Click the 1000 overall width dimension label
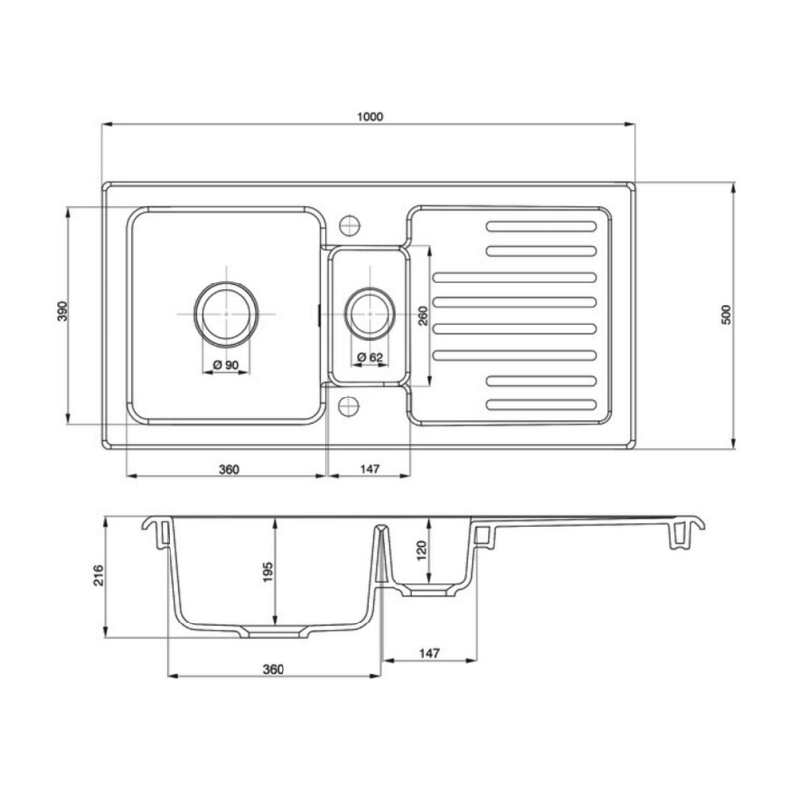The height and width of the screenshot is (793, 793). [x=369, y=116]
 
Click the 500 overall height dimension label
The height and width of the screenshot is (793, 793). [x=726, y=314]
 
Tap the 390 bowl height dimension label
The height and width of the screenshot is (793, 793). [x=61, y=314]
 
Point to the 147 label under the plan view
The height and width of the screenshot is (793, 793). [x=370, y=468]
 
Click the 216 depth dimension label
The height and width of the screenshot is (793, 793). [x=98, y=577]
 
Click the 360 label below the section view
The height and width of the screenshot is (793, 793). [x=273, y=669]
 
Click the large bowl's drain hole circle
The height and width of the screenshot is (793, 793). [x=227, y=311]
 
